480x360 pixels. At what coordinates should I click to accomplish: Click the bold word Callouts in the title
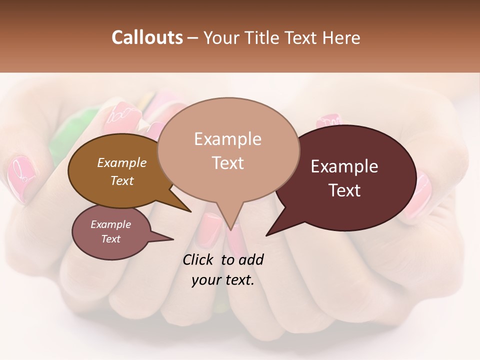point(147,37)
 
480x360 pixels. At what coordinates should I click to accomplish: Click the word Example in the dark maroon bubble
point(344,166)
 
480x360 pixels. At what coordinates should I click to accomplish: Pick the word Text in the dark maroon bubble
point(344,190)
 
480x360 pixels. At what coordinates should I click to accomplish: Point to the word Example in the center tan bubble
point(227,139)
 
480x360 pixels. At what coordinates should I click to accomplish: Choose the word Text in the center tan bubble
point(227,163)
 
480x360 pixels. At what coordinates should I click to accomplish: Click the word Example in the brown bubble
point(122,162)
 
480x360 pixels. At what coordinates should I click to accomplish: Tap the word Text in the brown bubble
point(122,180)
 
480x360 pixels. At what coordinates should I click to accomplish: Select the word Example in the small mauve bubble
point(110,224)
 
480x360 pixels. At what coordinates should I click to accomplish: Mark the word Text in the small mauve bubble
point(110,239)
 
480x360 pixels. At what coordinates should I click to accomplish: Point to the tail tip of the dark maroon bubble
point(268,234)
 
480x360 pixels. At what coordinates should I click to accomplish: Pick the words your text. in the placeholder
point(223,280)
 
